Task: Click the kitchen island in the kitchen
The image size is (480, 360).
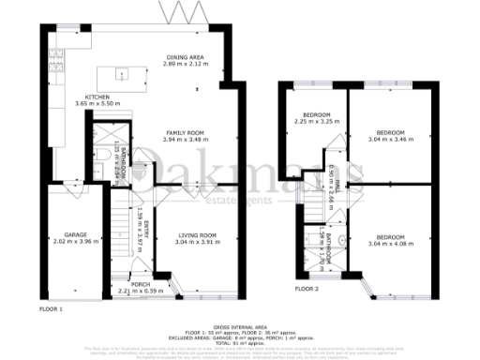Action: (127, 73)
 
